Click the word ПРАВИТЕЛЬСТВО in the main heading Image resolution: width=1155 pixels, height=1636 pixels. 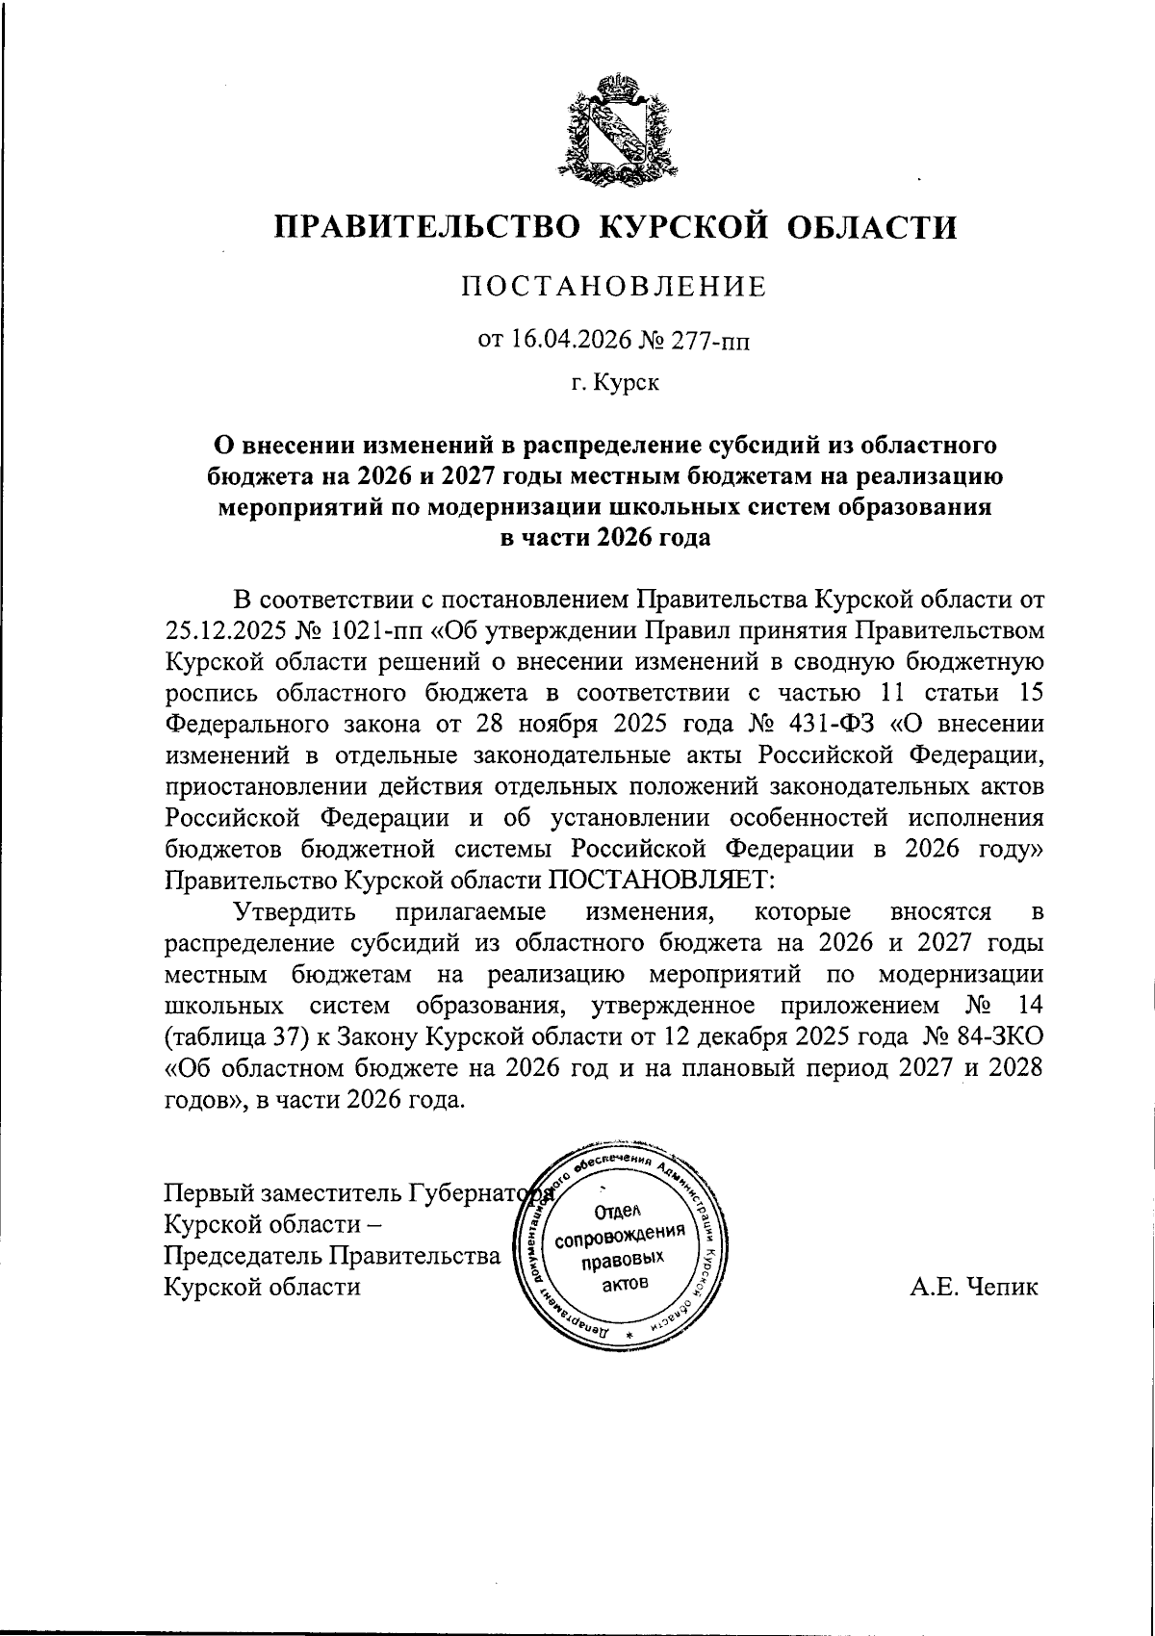428,226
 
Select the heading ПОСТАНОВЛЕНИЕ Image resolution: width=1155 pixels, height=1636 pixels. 616,287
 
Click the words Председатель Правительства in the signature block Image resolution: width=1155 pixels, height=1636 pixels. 332,1256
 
